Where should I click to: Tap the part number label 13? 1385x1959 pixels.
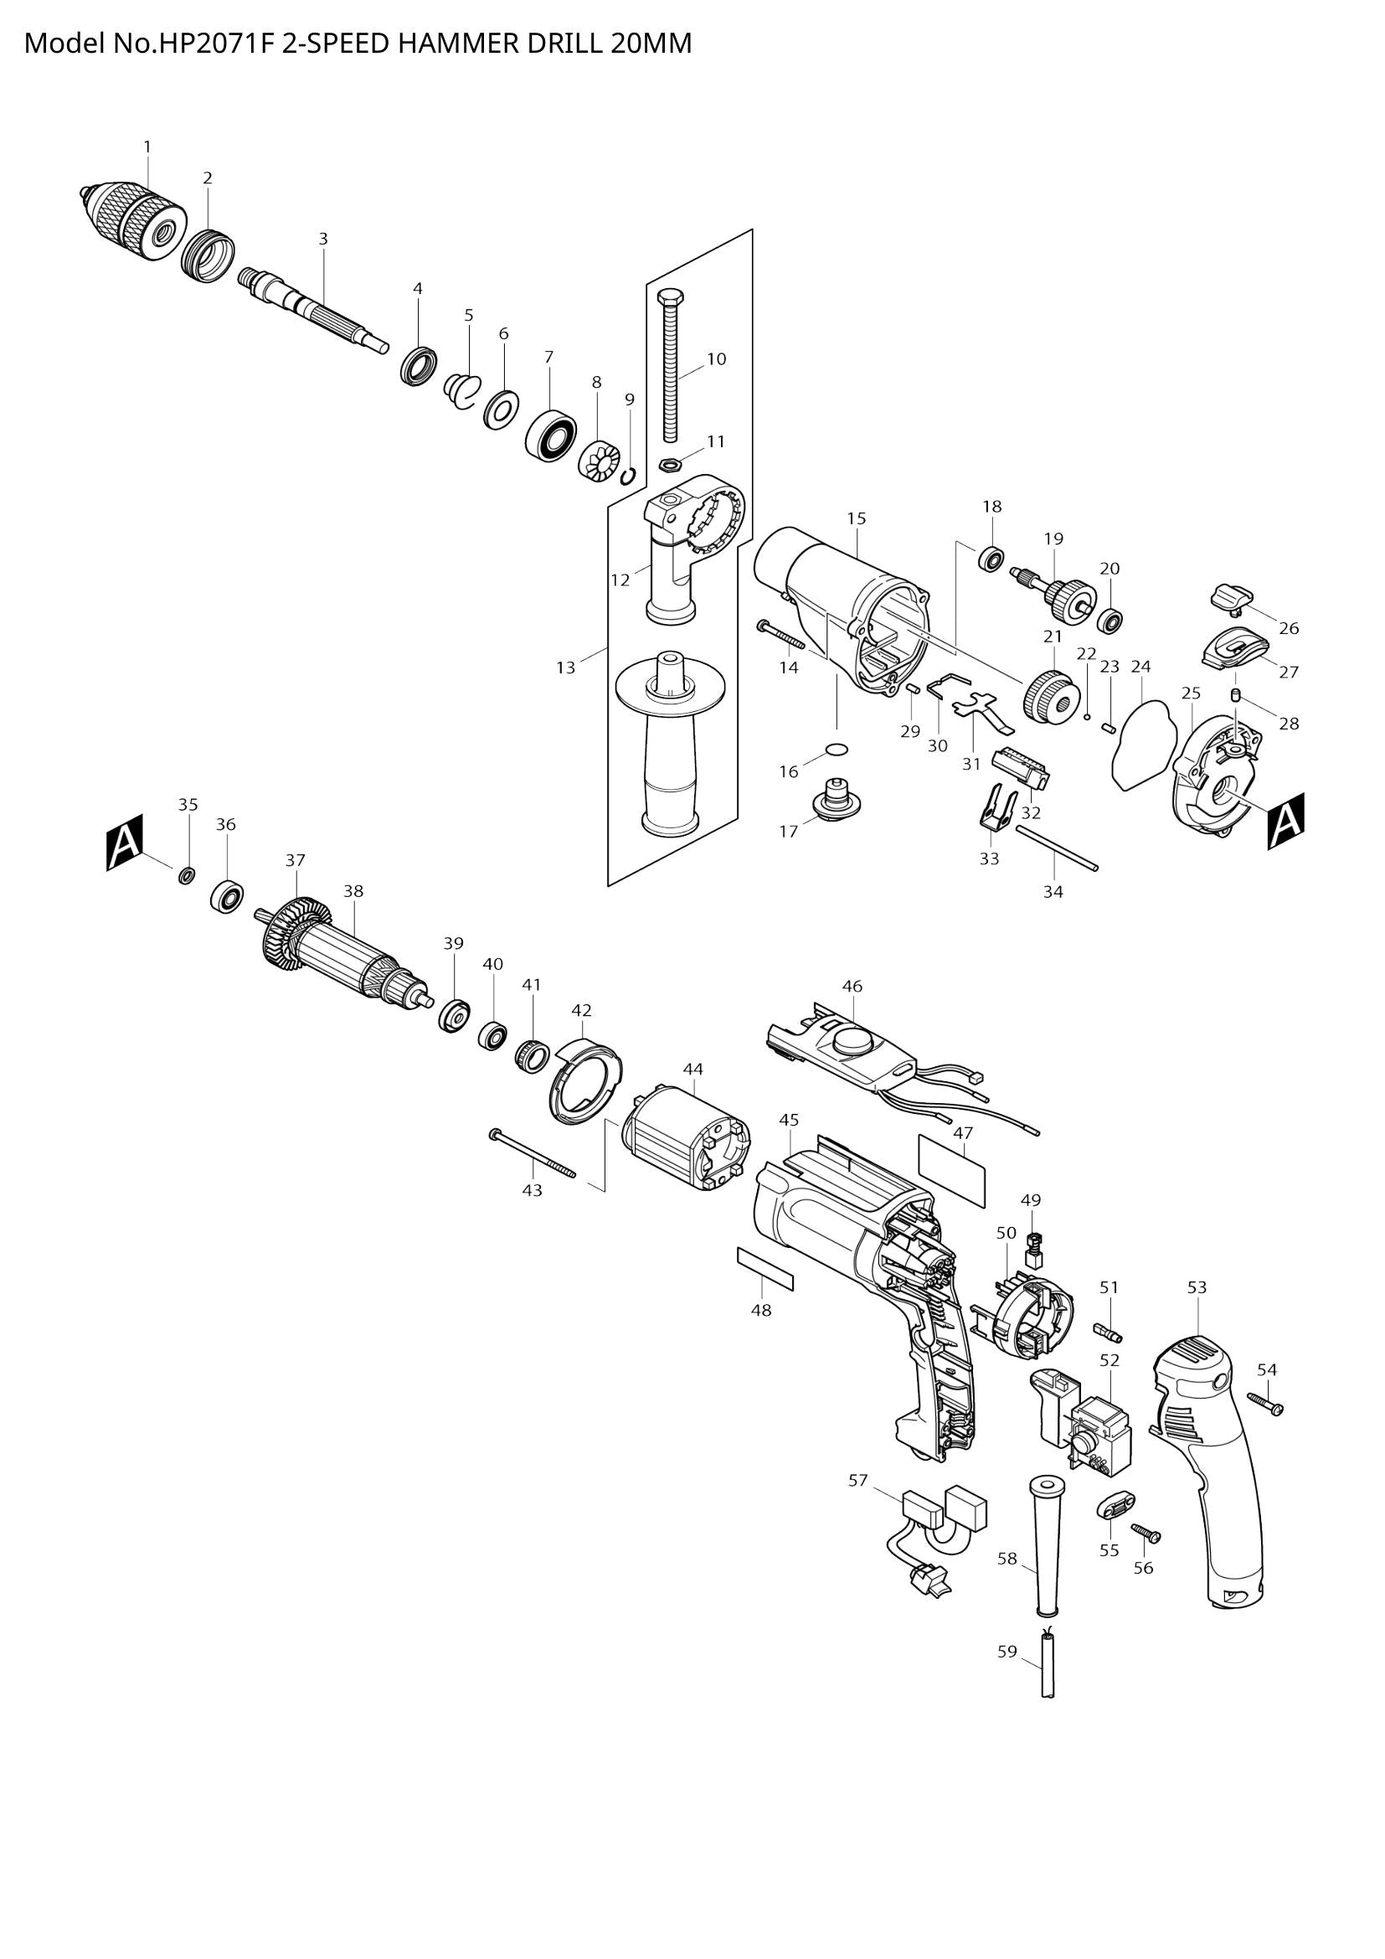coord(565,668)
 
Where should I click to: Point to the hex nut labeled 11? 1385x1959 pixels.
coord(670,465)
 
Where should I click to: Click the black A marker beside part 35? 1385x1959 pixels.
coord(125,841)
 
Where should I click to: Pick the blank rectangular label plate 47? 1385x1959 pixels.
coord(952,1170)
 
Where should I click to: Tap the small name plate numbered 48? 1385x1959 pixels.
coord(765,1269)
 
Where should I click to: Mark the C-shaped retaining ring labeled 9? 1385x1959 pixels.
coord(629,475)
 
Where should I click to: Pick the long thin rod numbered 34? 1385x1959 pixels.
coord(1056,848)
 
